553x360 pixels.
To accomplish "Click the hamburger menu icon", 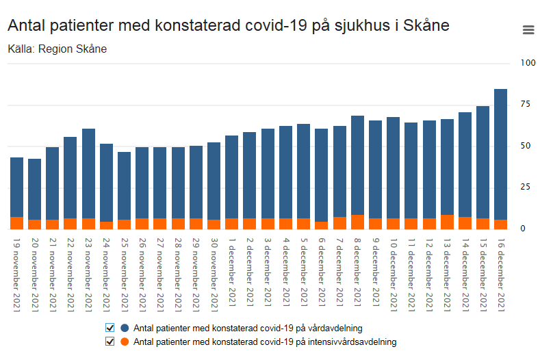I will click(528, 29).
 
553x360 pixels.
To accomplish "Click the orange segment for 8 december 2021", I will click(357, 222).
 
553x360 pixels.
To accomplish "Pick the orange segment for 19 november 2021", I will click(16, 223).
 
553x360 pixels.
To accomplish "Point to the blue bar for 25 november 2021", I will click(124, 185).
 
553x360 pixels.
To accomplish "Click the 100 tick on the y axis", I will click(528, 63).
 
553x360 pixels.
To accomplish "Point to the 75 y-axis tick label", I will click(526, 104).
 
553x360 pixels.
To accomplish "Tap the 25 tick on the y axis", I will click(526, 187).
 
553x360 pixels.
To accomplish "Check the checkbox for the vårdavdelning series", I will click(110, 327).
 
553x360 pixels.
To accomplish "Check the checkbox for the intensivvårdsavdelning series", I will click(110, 341).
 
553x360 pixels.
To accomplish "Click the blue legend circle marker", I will click(125, 327).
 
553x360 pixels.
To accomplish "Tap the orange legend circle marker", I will click(125, 341).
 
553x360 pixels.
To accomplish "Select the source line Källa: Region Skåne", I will click(57, 49).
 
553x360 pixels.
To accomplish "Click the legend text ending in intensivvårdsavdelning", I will click(265, 341).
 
